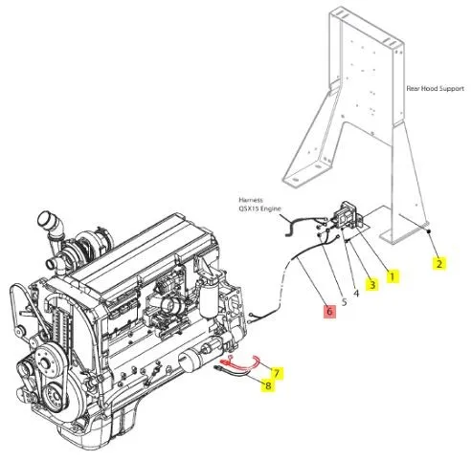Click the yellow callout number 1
tap(393, 276)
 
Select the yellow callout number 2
tap(439, 263)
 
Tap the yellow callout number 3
tap(372, 284)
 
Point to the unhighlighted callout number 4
tap(356, 293)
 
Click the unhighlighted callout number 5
tap(344, 302)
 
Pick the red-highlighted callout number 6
tap(329, 311)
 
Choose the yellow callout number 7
tap(277, 373)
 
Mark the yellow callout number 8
tap(268, 385)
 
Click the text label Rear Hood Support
tap(435, 88)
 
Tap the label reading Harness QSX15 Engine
tap(259, 205)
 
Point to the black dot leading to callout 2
tap(430, 230)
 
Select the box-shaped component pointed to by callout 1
tap(347, 214)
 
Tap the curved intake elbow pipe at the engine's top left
tap(52, 226)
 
